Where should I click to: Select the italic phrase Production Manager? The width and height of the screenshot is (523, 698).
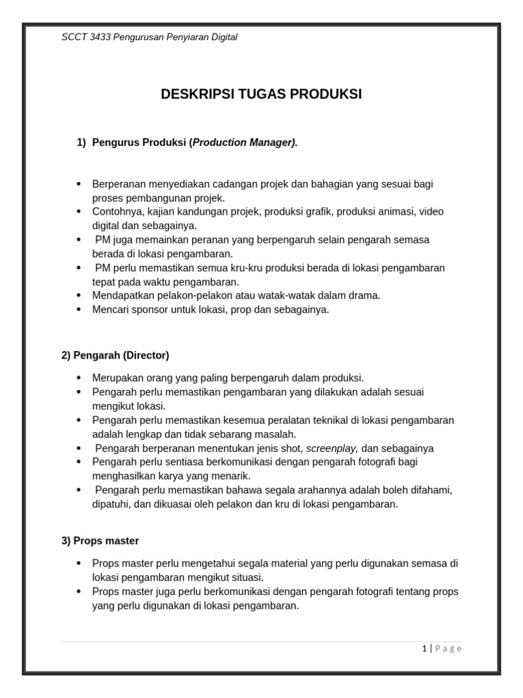[x=244, y=142]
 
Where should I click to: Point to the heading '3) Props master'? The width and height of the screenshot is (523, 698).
[x=100, y=541]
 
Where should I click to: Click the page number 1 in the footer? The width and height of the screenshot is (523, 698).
[x=424, y=648]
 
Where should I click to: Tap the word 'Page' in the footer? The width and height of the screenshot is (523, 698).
[x=448, y=648]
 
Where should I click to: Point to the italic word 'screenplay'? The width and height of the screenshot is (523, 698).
[x=332, y=449]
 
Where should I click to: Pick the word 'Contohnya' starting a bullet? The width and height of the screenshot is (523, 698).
[x=114, y=211]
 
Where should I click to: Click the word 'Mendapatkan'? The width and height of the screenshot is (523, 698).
[x=121, y=295]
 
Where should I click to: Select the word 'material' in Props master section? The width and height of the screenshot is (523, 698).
[x=288, y=563]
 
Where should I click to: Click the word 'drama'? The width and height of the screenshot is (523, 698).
[x=365, y=295]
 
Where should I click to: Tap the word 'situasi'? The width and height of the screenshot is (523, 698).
[x=242, y=577]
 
